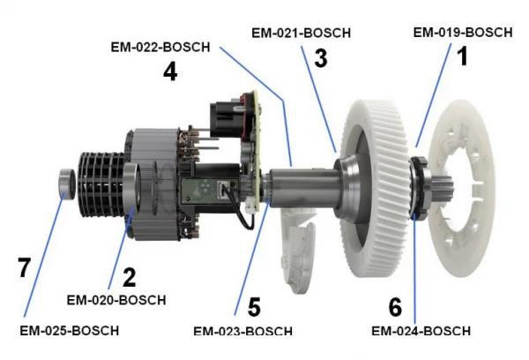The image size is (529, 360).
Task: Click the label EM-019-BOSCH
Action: click(x=462, y=33)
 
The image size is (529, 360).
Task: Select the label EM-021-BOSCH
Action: click(x=301, y=33)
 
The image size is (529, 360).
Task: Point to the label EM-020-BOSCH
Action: click(x=116, y=300)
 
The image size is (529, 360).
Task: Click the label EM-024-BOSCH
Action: click(x=421, y=331)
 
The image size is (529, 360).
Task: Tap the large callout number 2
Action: click(x=129, y=278)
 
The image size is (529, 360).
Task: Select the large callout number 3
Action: click(x=320, y=59)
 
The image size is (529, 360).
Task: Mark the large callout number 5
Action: click(x=253, y=307)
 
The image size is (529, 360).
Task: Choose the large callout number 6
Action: click(x=396, y=307)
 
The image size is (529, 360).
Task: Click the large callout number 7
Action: click(x=25, y=267)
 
